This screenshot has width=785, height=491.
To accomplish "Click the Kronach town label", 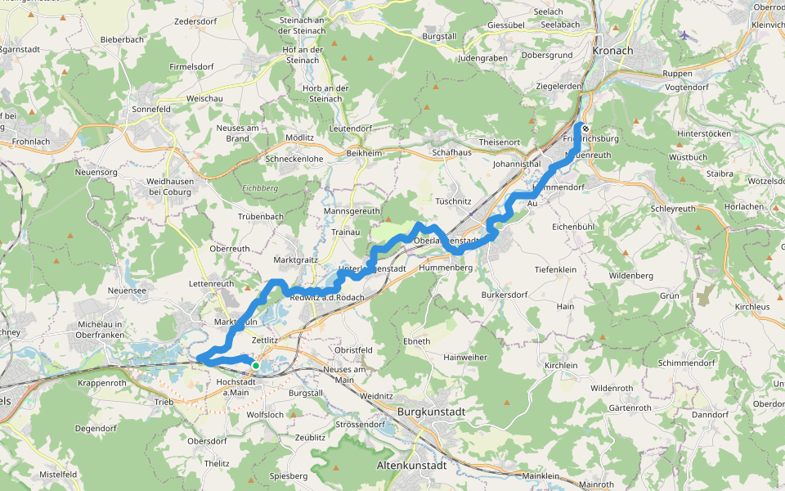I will (x=613, y=50).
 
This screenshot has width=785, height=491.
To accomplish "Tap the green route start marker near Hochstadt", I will (x=256, y=366).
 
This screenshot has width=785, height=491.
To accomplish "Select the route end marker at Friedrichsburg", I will (x=585, y=128).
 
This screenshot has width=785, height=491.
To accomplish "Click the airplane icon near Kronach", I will (x=684, y=36).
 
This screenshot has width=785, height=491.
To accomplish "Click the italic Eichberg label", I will (x=260, y=187).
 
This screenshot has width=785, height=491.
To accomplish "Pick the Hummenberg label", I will (x=446, y=268).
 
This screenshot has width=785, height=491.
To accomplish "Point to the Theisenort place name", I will (x=499, y=142).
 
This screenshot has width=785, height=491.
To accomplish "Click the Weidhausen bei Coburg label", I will (x=168, y=186).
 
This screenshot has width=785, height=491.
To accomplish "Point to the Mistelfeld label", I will (x=58, y=474).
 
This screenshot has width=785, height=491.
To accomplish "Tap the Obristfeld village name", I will (x=353, y=350).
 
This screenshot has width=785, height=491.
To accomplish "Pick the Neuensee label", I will (x=127, y=291).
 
